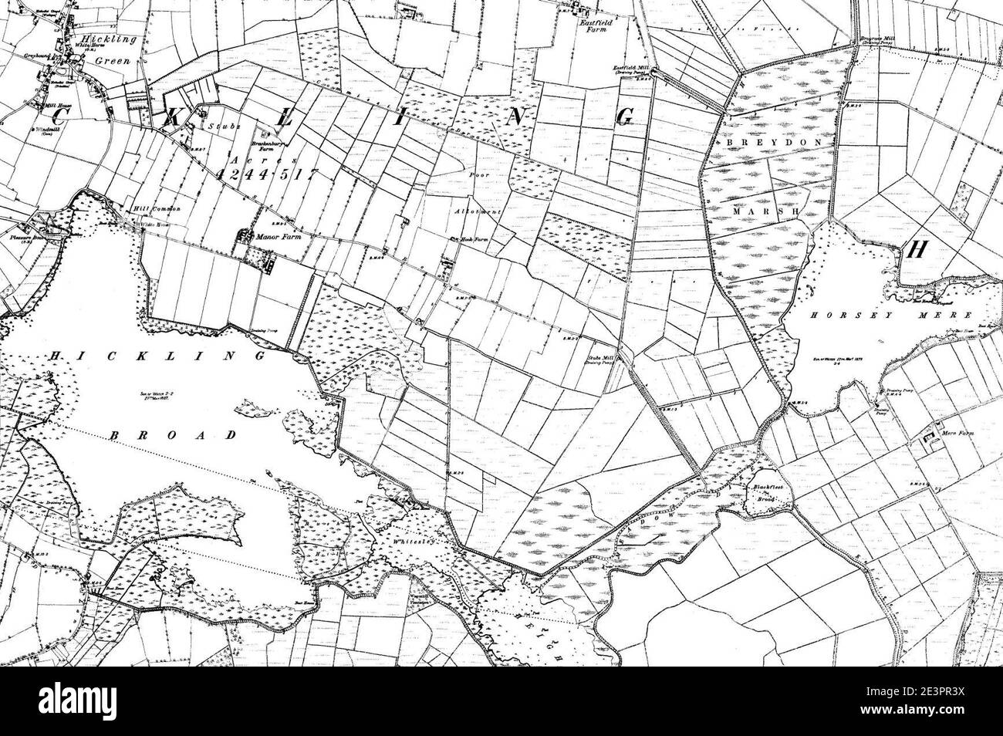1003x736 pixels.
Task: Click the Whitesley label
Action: click(x=413, y=542)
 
